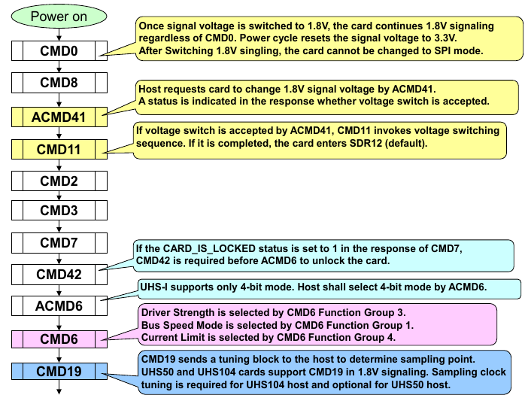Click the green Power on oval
tap(59, 15)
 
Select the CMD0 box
tap(59, 51)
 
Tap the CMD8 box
tap(59, 83)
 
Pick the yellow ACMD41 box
tap(59, 117)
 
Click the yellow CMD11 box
tap(59, 149)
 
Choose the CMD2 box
tap(59, 181)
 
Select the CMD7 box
tap(59, 243)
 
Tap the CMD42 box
tap(59, 275)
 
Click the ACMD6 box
tap(59, 306)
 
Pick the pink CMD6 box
tap(59, 339)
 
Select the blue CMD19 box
tap(59, 371)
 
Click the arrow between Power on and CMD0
tap(59, 34)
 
